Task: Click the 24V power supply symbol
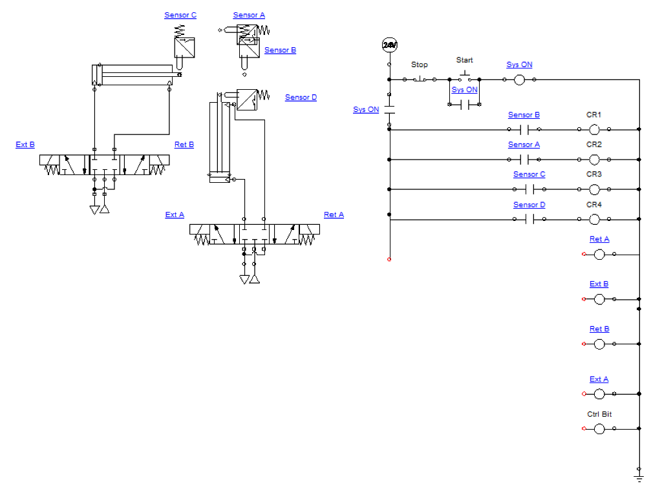389,45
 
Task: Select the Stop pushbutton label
420,65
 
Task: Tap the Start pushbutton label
464,60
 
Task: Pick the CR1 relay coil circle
594,130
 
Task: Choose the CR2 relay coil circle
594,160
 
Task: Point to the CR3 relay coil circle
594,189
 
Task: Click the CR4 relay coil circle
594,220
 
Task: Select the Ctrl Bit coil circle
599,428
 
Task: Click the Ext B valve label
25,145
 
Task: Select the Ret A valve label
334,214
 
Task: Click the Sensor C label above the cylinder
180,16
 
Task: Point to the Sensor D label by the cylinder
301,98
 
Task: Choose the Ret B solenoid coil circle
599,344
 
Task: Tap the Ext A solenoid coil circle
599,393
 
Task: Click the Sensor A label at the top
249,16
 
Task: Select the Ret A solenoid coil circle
599,255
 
